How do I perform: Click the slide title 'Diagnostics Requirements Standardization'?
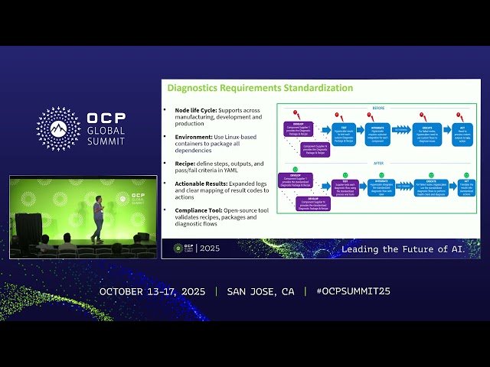[x=260, y=88]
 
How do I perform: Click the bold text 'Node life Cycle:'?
[x=191, y=109]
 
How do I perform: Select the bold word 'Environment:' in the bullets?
[x=188, y=136]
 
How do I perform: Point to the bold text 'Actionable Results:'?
[x=196, y=183]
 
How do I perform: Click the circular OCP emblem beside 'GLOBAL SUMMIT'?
[x=58, y=128]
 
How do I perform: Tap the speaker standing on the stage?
[x=98, y=216]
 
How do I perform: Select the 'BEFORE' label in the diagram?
[x=378, y=109]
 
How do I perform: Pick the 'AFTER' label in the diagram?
[x=378, y=163]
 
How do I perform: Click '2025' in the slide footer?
[x=209, y=248]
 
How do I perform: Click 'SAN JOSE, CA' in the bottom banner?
[x=260, y=291]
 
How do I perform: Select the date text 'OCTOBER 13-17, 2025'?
[x=153, y=291]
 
